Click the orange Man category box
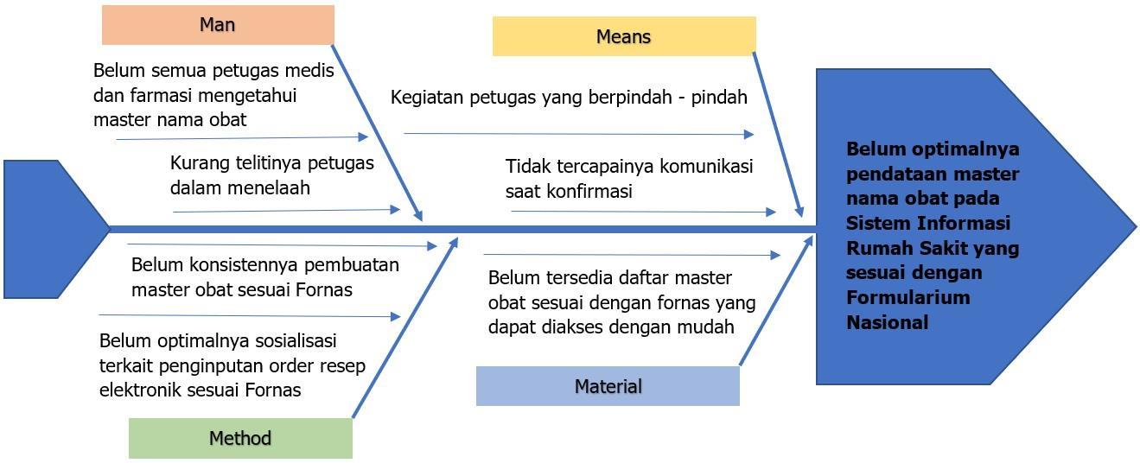[218, 25]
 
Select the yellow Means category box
[623, 36]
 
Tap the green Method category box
[240, 438]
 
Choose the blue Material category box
[608, 386]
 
